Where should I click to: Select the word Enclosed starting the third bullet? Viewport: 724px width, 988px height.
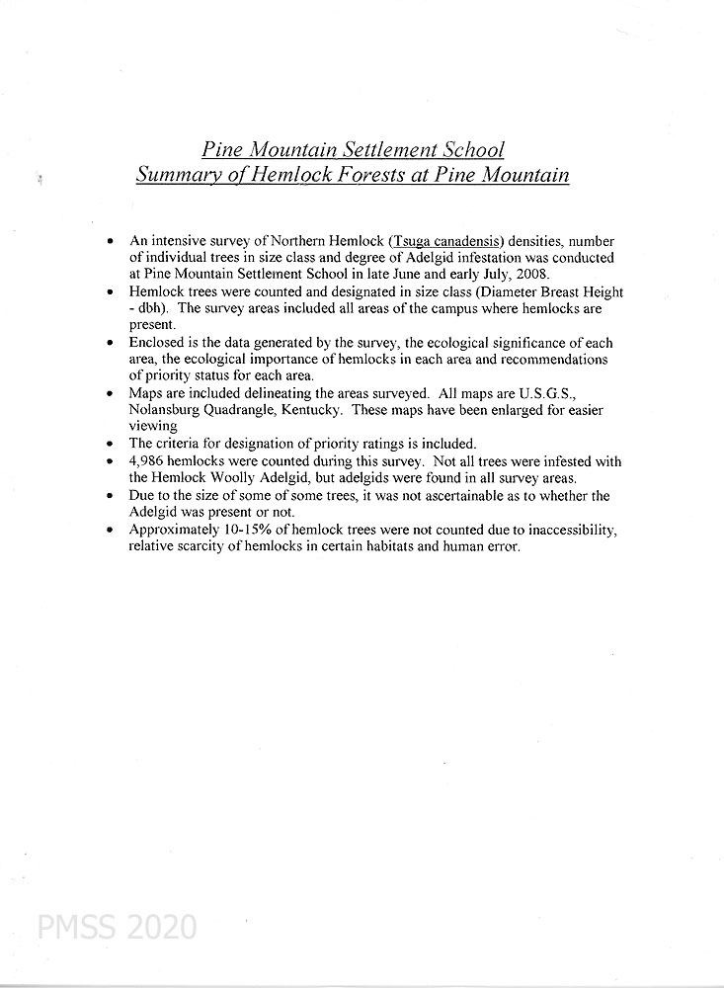(157, 343)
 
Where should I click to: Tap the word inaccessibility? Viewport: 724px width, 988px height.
(567, 531)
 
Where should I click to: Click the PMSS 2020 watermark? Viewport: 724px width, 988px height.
(117, 928)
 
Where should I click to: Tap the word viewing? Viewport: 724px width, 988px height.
(152, 427)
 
